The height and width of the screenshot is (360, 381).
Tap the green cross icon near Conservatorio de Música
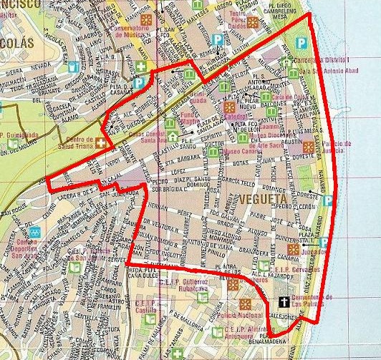tap(142, 67)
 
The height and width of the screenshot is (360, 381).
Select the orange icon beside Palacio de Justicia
tap(308, 147)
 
